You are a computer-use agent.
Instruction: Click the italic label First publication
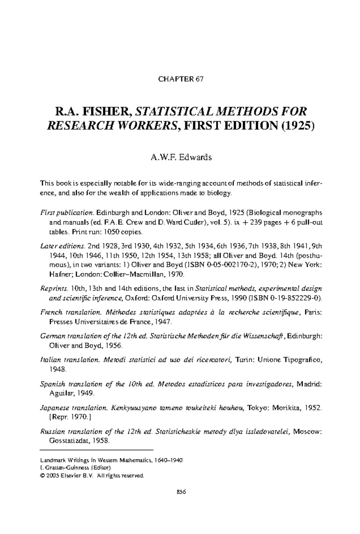point(67,213)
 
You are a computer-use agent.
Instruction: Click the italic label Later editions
point(63,246)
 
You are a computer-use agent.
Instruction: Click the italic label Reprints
point(54,289)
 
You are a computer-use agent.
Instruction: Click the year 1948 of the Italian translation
point(57,369)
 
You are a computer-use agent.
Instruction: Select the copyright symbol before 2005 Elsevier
point(42,476)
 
